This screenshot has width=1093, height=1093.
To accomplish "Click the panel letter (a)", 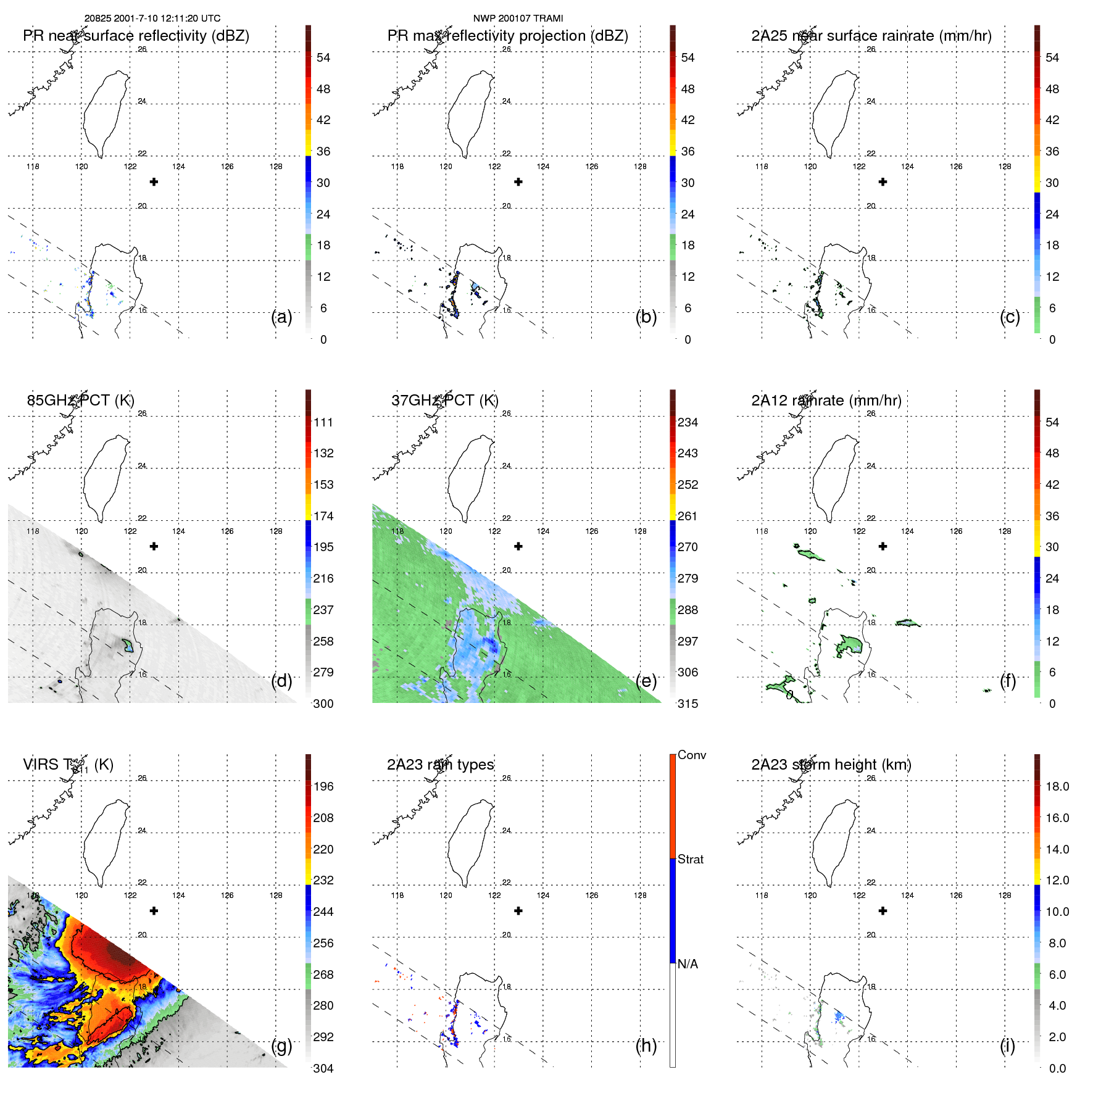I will click(x=281, y=317).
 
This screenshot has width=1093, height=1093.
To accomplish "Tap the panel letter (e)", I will click(x=646, y=681).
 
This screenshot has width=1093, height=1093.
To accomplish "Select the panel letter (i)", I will click(x=1007, y=1045).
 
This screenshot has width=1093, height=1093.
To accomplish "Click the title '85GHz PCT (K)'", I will click(x=80, y=401).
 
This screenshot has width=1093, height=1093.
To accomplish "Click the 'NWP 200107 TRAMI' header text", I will click(x=518, y=19).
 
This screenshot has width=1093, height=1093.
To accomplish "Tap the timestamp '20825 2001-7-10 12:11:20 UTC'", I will click(x=152, y=19).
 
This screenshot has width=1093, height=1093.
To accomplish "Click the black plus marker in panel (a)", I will click(x=154, y=181).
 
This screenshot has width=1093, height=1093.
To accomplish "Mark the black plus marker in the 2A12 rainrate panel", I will click(x=883, y=546).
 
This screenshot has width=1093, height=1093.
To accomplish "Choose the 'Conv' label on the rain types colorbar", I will click(x=692, y=755).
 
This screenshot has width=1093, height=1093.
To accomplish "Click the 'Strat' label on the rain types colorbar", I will click(x=691, y=859).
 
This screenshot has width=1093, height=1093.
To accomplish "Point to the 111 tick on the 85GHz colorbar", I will click(x=323, y=422).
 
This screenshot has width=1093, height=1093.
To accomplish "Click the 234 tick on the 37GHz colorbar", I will click(x=688, y=422).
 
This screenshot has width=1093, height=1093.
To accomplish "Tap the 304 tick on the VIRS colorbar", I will click(x=323, y=1068).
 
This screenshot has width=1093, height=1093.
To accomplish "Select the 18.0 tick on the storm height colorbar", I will click(x=1057, y=786).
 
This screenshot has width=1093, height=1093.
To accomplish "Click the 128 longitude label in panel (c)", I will click(x=1005, y=167).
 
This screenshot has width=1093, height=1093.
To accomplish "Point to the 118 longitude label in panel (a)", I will click(x=33, y=167).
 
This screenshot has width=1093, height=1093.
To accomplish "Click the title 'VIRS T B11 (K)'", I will click(x=68, y=765).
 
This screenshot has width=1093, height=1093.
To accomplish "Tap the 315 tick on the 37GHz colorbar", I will click(x=688, y=704).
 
